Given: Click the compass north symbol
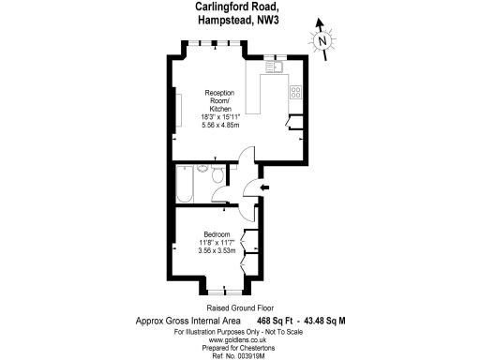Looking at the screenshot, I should (322, 41).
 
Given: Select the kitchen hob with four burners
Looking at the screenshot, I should (295, 92).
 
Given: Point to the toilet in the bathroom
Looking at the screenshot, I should (217, 176).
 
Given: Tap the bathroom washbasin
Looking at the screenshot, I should (218, 197).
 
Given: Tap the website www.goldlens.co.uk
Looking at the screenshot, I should (238, 338).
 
